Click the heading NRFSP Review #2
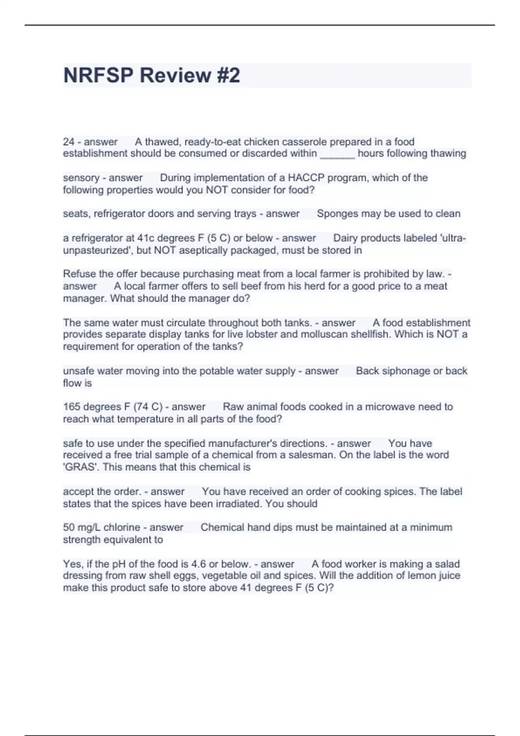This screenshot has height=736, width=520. click(152, 75)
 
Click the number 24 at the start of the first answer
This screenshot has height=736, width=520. click(68, 142)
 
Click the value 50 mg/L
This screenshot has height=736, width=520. click(81, 527)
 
